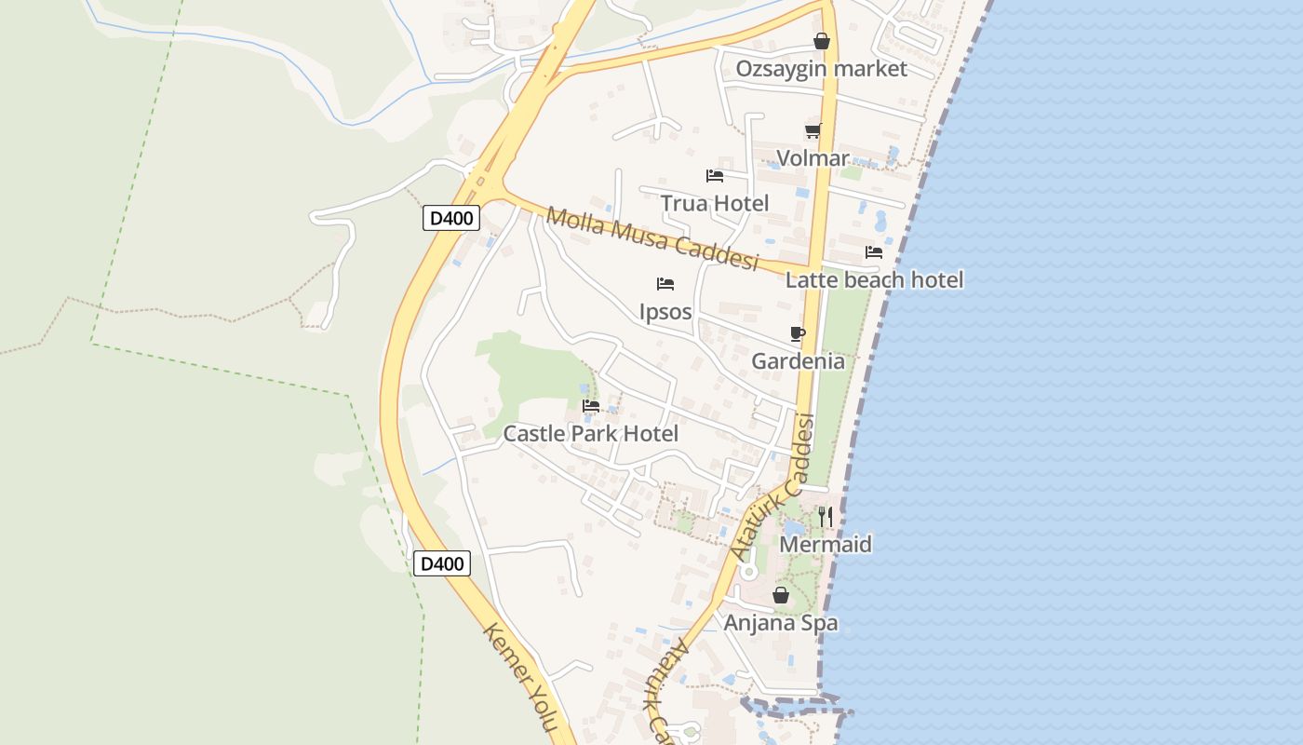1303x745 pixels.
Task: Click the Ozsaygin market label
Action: pos(821,69)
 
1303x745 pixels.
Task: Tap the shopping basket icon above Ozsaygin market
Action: pos(822,41)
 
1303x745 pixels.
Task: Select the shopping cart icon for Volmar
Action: pos(813,131)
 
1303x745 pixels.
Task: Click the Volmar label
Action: pos(813,158)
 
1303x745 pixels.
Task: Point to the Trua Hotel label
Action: pos(714,203)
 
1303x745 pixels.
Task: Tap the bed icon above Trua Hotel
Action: pos(715,175)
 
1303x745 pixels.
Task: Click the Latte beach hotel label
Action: pos(874,279)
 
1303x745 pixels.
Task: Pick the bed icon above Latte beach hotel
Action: pos(873,252)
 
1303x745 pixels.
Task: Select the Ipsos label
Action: pos(665,311)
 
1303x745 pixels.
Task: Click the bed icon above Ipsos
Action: pos(665,284)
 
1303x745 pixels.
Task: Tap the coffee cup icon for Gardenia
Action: pos(798,333)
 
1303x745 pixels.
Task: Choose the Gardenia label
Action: pos(798,361)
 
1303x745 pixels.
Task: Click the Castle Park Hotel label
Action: pos(590,433)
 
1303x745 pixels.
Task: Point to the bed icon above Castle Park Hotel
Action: pos(591,406)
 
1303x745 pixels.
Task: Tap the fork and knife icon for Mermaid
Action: pos(826,517)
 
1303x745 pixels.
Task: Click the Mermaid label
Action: pos(826,544)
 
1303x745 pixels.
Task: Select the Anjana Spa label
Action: pos(781,623)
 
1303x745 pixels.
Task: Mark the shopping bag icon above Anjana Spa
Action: pos(781,595)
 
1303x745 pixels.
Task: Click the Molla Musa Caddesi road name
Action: pos(652,238)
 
